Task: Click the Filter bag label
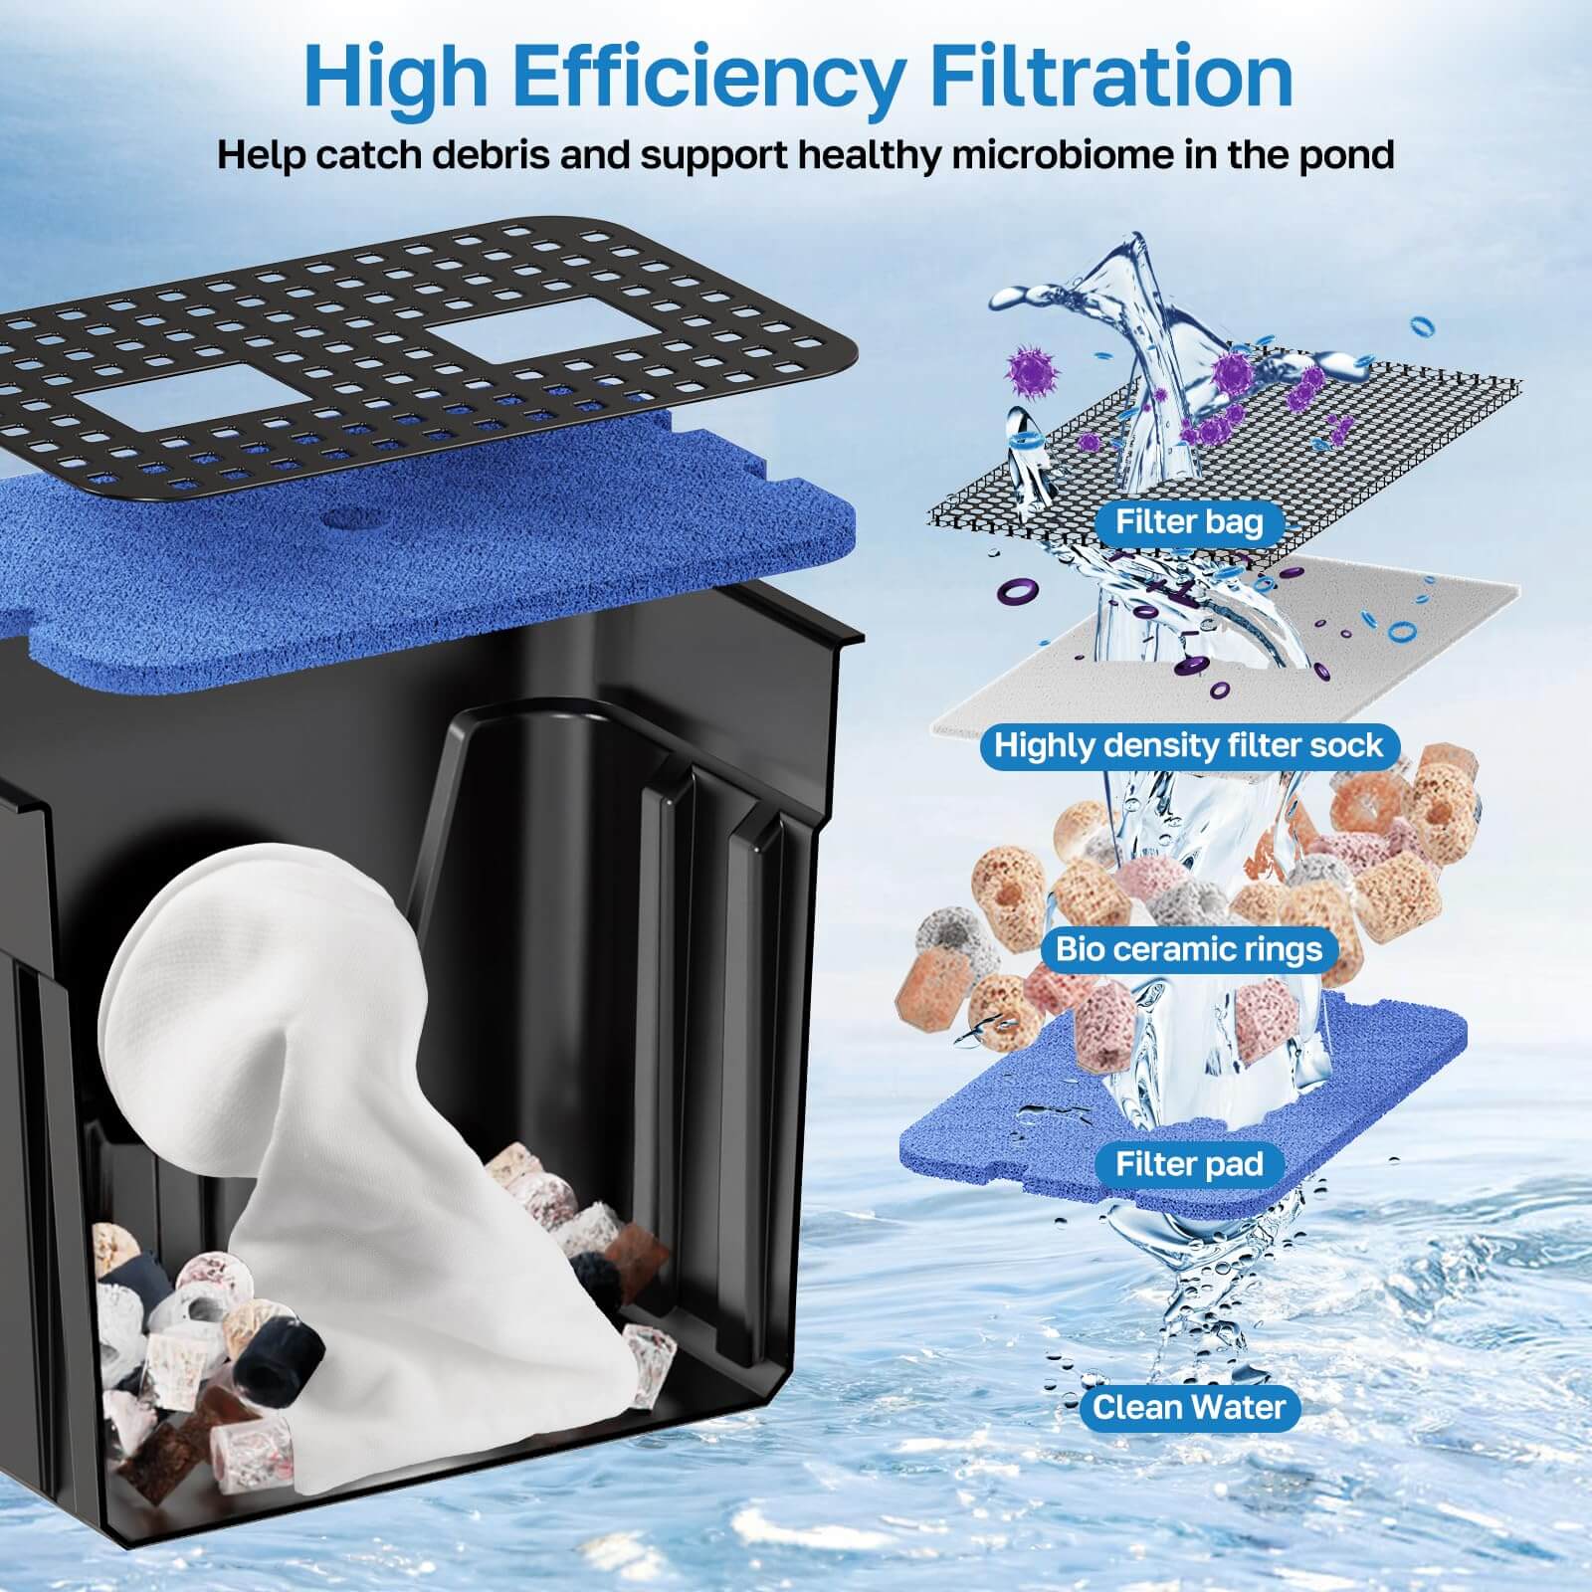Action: click(x=1188, y=521)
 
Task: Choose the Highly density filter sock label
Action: click(x=1188, y=745)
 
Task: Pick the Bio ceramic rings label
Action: click(x=1188, y=948)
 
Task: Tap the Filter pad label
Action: click(x=1188, y=1163)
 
